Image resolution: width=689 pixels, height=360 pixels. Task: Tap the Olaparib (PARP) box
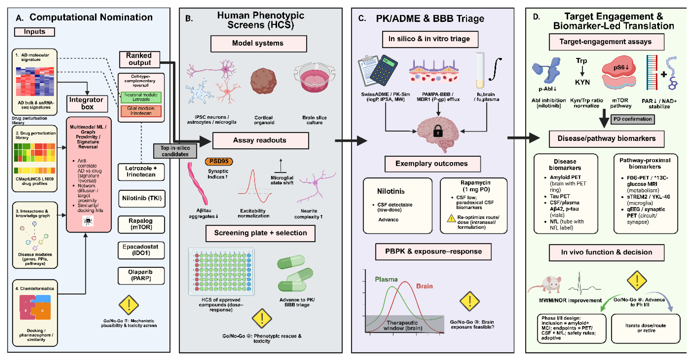coord(141,275)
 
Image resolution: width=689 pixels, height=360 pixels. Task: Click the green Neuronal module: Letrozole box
coord(141,97)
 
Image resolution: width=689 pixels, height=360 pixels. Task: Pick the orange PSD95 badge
coord(219,161)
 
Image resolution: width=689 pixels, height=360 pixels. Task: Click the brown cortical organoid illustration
coord(263,81)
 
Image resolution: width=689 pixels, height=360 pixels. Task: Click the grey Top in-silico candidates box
coord(175,151)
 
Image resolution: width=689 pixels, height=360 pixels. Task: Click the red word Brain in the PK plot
coord(424,286)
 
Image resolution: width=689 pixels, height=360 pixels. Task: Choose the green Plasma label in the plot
coord(386,279)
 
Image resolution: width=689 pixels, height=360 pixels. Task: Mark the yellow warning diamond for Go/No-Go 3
coord(469,301)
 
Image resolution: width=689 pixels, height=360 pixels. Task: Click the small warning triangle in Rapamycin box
coord(451,218)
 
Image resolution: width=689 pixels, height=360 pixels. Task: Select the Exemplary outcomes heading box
coord(432,163)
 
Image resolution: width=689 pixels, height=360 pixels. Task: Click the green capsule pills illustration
coord(295,273)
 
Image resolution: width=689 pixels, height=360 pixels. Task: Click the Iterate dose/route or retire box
coord(645,328)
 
